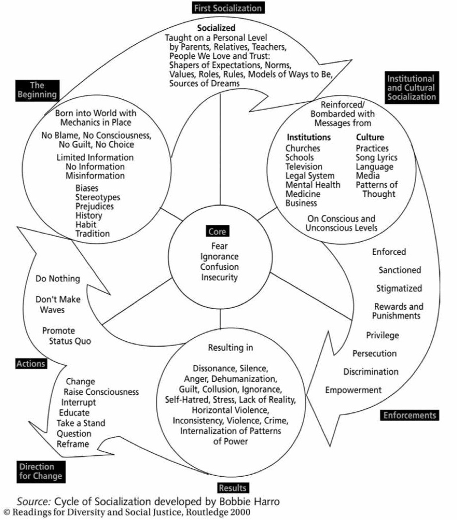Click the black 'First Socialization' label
[228, 8]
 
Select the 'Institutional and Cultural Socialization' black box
[411, 88]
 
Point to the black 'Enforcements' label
[410, 415]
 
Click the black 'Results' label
[233, 488]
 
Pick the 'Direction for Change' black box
[40, 471]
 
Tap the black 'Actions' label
[30, 364]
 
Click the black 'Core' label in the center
[216, 232]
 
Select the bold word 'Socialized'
[216, 28]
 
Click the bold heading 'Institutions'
[309, 137]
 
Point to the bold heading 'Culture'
[370, 137]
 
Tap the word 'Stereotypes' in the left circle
[97, 197]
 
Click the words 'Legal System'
[310, 176]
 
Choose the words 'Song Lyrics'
[376, 157]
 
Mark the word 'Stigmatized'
[399, 289]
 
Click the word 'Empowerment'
[353, 390]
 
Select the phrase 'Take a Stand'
[81, 423]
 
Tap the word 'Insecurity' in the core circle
[220, 278]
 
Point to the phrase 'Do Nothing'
[58, 279]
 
